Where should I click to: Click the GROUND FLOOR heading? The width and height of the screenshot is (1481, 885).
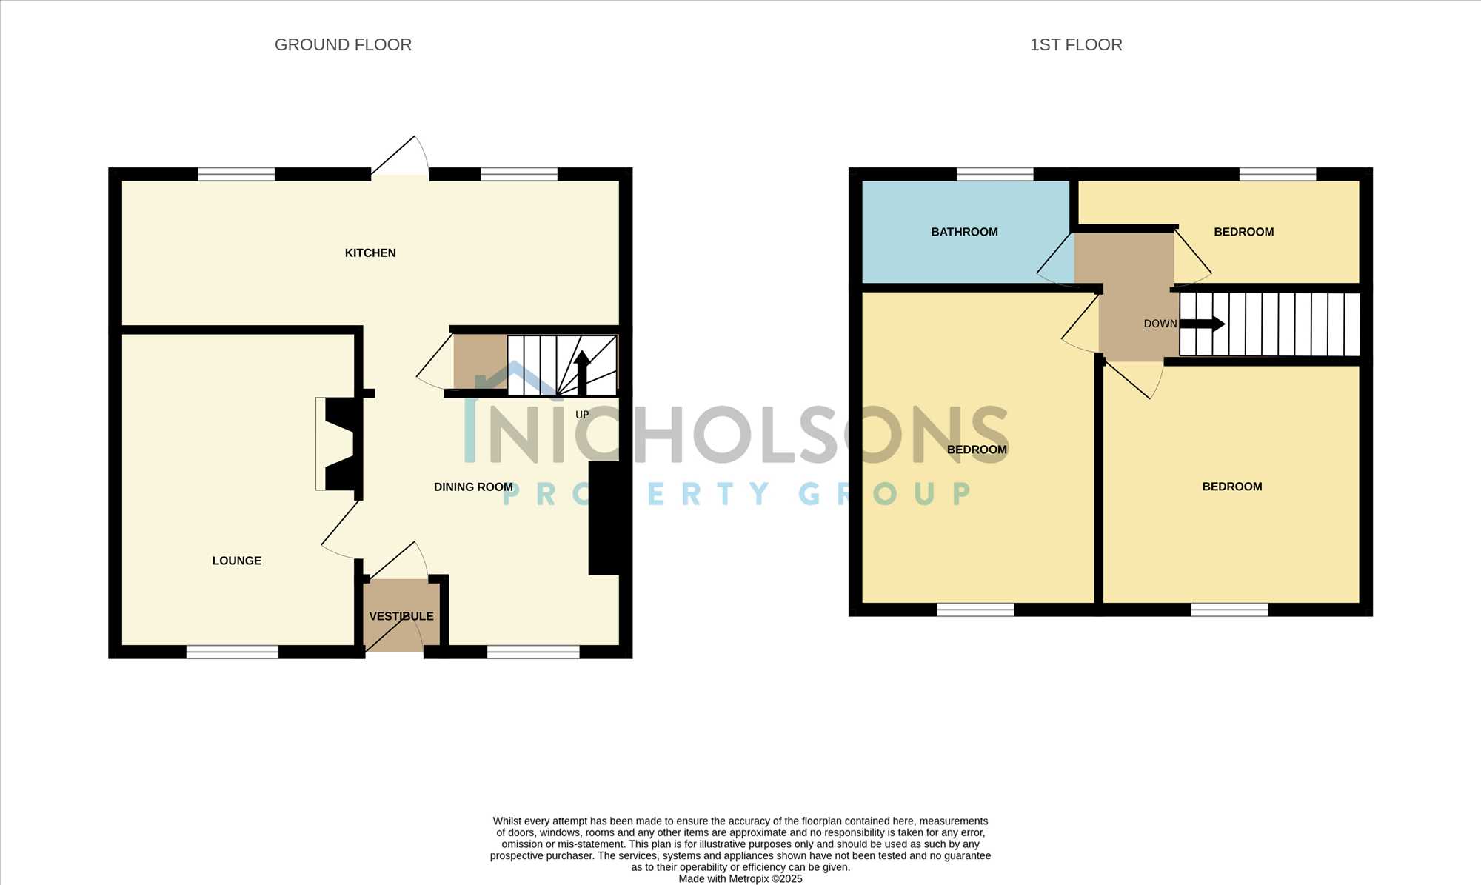point(343,44)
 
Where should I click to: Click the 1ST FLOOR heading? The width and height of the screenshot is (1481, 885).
point(1076,44)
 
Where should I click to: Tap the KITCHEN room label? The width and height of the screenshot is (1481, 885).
point(370,253)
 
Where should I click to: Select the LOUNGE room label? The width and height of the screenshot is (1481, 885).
point(237,561)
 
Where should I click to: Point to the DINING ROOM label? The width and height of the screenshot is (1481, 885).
point(473,487)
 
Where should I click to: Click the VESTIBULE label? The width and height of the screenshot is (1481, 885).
point(401,616)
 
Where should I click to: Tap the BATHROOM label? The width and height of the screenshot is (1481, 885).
point(964,232)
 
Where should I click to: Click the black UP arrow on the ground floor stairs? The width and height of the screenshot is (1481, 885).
point(582,372)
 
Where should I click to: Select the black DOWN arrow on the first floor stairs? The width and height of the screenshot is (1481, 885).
point(1202,324)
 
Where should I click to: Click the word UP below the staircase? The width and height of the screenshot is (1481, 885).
point(582,415)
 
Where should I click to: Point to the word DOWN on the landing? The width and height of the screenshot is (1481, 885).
point(1160,324)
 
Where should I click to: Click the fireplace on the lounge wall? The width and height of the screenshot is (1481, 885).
point(339,444)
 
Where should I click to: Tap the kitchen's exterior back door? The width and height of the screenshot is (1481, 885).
point(400,157)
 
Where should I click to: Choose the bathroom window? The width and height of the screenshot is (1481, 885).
point(994,175)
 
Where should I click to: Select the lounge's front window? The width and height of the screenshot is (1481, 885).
point(232,652)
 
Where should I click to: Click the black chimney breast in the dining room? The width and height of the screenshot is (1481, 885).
point(604,518)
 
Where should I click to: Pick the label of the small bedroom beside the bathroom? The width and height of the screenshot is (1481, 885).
point(1244,232)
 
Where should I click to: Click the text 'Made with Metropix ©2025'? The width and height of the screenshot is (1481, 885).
point(740,879)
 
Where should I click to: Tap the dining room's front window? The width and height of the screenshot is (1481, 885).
point(533,652)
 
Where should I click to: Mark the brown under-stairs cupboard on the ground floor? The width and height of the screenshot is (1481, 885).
point(480,362)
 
